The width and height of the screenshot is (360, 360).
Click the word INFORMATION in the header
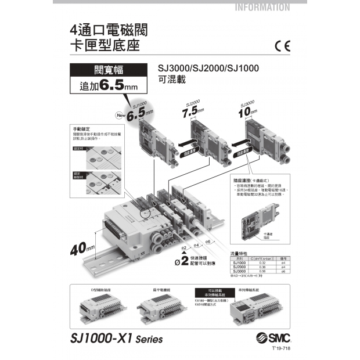(263, 8)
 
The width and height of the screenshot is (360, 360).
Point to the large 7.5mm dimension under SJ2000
(191, 110)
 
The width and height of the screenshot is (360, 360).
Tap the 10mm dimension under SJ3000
(247, 110)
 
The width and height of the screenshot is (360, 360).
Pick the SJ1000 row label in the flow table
(239, 262)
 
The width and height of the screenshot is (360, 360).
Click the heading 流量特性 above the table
(239, 254)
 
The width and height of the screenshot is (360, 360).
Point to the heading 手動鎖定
(80, 128)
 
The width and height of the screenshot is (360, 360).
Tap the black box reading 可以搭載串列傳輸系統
(212, 292)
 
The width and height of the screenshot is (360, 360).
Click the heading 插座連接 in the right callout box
(243, 181)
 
